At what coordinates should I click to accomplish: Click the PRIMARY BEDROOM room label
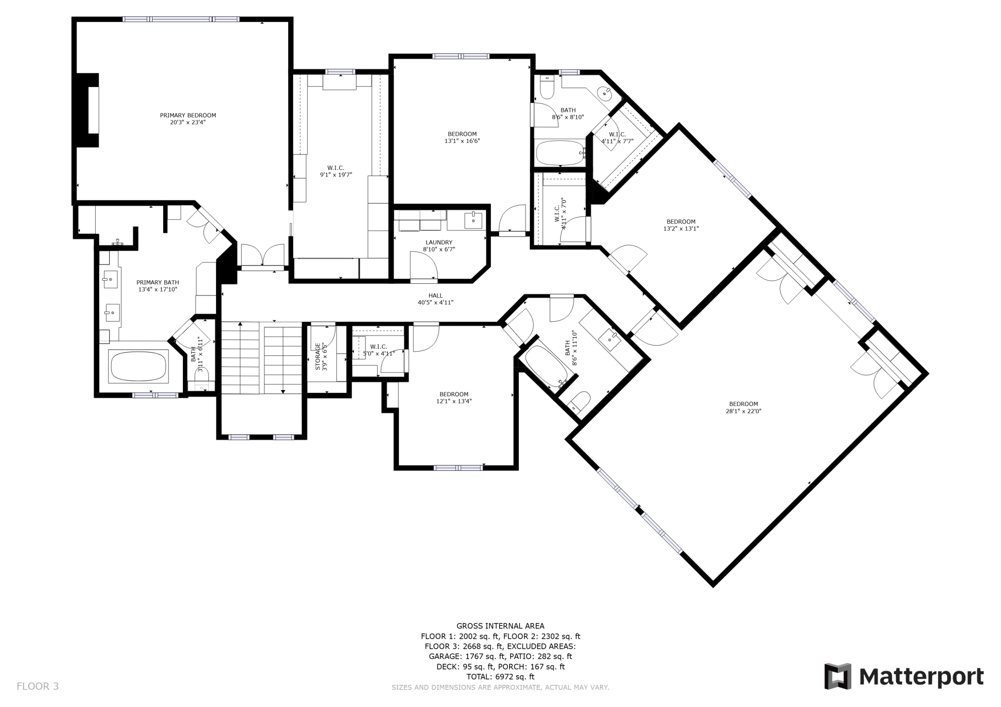[188, 115]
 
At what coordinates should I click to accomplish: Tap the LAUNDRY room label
[439, 242]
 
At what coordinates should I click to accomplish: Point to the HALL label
[436, 296]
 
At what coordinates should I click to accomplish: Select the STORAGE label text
[318, 356]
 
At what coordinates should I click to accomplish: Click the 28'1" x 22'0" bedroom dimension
[744, 411]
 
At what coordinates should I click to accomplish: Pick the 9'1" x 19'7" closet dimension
[336, 175]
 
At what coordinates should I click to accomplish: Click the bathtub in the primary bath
[139, 366]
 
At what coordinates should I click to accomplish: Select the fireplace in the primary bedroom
[87, 110]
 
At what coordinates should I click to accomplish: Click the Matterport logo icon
[838, 676]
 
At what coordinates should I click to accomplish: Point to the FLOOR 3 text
[38, 686]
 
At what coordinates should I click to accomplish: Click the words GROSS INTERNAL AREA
[500, 626]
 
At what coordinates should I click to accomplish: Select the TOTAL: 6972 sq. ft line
[500, 677]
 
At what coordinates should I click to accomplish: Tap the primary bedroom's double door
[263, 255]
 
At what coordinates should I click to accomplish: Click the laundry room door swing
[423, 265]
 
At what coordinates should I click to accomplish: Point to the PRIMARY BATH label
[157, 282]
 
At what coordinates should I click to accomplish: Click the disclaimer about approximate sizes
[500, 687]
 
